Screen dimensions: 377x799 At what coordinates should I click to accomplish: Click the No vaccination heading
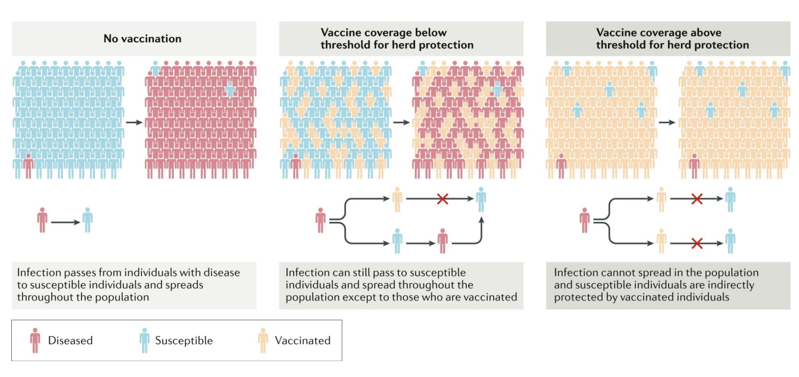142,39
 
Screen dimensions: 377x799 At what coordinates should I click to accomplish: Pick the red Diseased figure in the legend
35,340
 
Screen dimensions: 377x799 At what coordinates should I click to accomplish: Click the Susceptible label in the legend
184,340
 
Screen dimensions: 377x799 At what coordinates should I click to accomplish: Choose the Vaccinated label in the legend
303,340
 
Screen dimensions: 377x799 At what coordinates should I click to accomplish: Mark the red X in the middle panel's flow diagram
442,199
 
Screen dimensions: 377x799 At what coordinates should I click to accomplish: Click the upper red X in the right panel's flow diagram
697,199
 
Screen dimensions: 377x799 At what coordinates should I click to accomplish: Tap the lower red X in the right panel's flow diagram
697,243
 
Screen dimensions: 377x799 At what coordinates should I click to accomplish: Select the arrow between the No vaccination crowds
134,123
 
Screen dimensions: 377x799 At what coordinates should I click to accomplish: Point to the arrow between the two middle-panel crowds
401,123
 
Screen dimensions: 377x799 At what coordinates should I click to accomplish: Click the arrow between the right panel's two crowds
667,123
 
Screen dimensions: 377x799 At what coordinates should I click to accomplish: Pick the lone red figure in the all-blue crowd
29,166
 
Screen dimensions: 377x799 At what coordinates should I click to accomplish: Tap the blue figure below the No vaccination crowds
87,220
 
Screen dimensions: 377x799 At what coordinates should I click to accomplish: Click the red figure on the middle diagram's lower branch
442,241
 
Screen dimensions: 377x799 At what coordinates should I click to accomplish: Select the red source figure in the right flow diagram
585,220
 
